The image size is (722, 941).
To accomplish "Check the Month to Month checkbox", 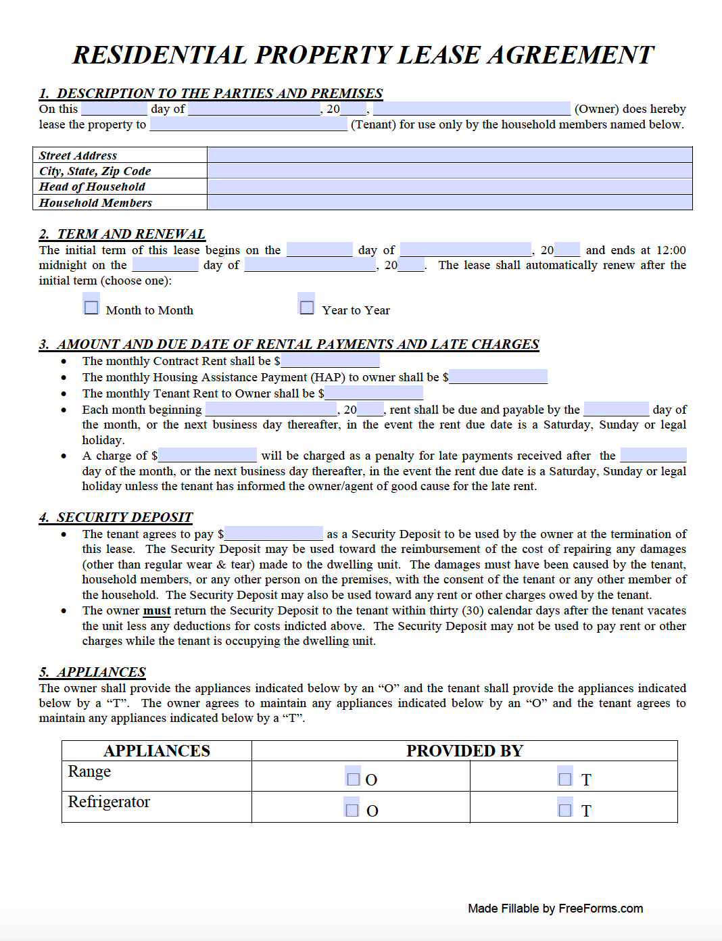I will (x=91, y=308).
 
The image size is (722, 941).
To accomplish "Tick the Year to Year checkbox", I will (x=307, y=308).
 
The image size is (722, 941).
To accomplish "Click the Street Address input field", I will (x=449, y=155).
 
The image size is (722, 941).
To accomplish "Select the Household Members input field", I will (x=449, y=202).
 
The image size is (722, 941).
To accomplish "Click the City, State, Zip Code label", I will (x=95, y=171).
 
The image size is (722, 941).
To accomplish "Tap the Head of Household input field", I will (x=449, y=187).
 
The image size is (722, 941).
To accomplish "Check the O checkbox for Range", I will (x=353, y=779).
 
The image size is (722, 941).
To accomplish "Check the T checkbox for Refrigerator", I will (x=565, y=810).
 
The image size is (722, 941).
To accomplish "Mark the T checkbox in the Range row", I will (x=565, y=779).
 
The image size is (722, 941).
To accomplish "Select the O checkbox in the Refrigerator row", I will (x=352, y=810).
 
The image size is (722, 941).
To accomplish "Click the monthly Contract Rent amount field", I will (x=330, y=361).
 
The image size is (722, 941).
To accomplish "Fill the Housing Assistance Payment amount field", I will (x=498, y=377).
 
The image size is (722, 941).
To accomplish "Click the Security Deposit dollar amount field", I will (x=274, y=533).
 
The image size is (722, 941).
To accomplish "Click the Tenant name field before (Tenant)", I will (x=248, y=124).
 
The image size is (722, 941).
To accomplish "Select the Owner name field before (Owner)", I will (x=471, y=109).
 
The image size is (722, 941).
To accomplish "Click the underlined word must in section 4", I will (x=157, y=610).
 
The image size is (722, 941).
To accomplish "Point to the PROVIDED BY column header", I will (x=464, y=750).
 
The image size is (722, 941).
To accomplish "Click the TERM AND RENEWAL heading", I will (x=122, y=234).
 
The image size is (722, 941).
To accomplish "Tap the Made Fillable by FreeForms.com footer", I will (x=555, y=908).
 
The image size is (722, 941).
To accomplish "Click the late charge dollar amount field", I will (x=208, y=455).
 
